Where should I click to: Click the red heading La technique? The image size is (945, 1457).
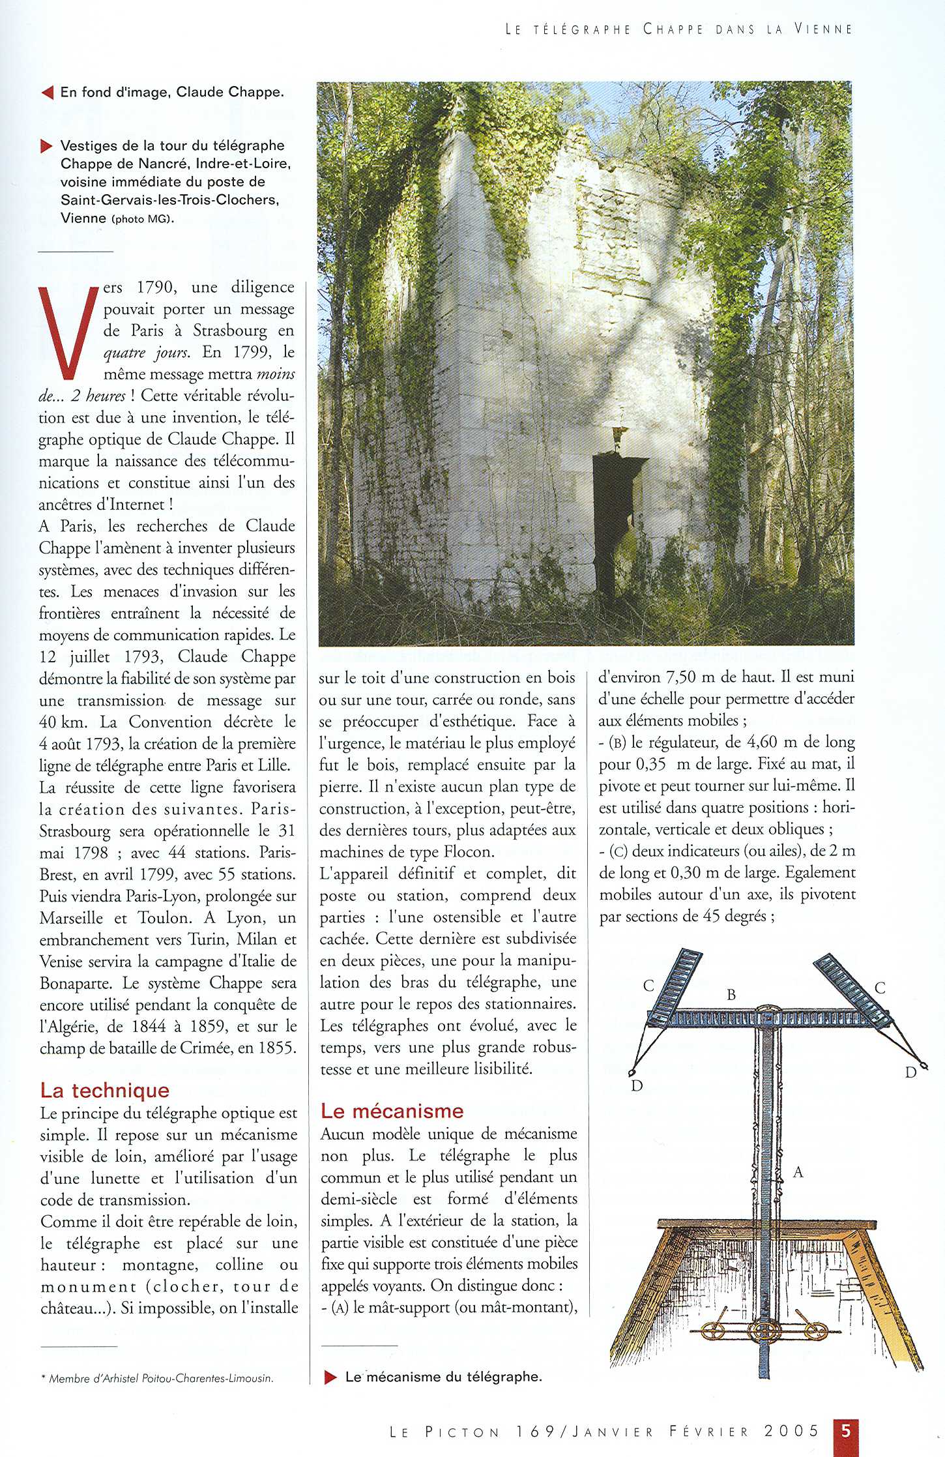point(105,1090)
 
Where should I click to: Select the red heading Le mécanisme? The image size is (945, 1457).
point(392,1111)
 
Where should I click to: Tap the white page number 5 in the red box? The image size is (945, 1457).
point(846,1431)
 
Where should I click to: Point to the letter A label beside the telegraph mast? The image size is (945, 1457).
point(798,1173)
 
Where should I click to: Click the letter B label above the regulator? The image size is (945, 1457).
point(731,995)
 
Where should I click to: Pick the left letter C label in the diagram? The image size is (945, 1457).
point(648,986)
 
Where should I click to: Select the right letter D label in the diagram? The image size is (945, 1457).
point(910,1072)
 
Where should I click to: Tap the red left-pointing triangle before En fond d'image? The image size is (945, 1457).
point(46,93)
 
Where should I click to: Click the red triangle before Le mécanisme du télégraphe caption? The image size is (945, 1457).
point(330,1377)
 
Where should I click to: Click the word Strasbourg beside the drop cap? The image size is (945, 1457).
point(229,331)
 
